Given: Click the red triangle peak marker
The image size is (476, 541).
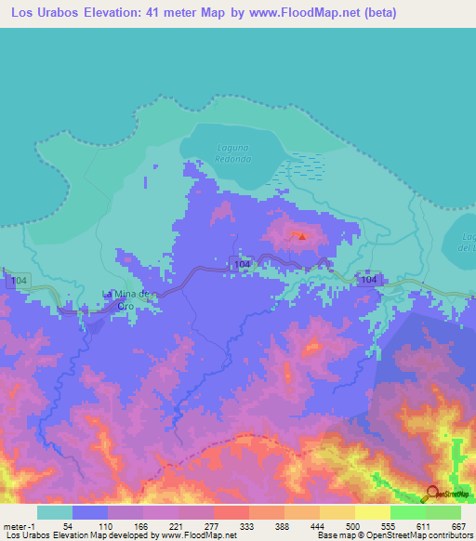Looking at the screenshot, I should click(300, 236).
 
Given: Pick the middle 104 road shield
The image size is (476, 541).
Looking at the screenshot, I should click(242, 265).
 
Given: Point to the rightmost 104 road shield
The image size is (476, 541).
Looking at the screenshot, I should click(369, 280).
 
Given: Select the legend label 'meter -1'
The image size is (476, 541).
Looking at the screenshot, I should click(19, 526).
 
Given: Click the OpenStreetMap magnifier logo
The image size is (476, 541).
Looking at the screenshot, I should click(433, 494).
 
